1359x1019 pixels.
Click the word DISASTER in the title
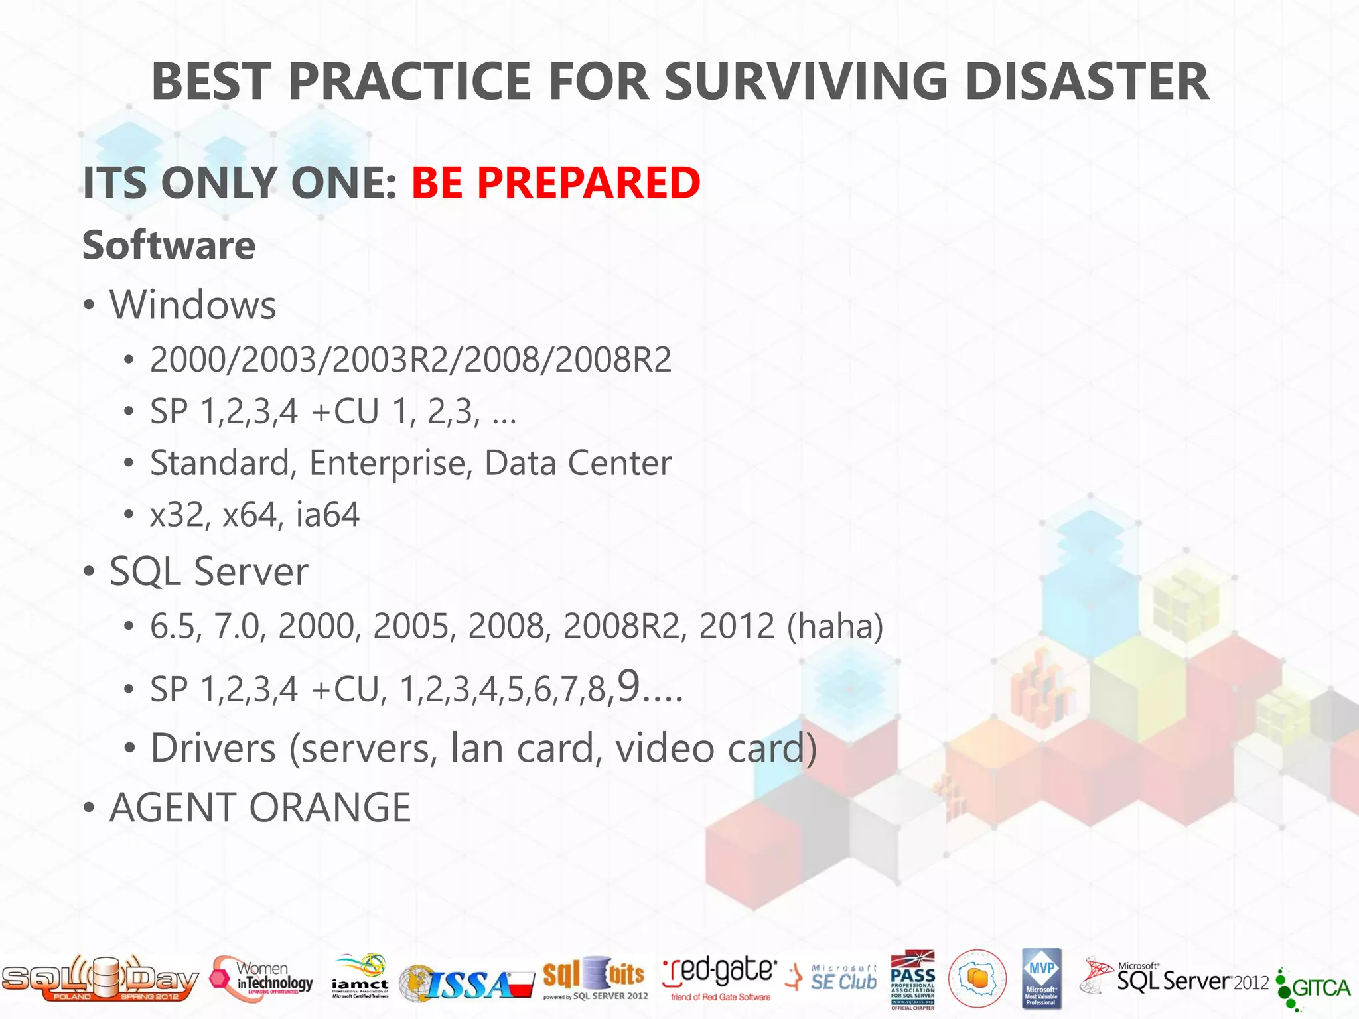pyautogui.click(x=1086, y=81)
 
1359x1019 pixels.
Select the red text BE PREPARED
pyautogui.click(x=555, y=182)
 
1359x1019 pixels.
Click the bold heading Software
pyautogui.click(x=169, y=245)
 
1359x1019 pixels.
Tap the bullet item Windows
pyautogui.click(x=192, y=305)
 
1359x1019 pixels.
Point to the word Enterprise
pyautogui.click(x=390, y=463)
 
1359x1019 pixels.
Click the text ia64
pyautogui.click(x=327, y=515)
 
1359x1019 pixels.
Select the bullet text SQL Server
pyautogui.click(x=208, y=571)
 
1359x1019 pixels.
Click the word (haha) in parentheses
pyautogui.click(x=835, y=626)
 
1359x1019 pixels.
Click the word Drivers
pyautogui.click(x=213, y=748)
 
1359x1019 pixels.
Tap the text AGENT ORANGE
pyautogui.click(x=260, y=808)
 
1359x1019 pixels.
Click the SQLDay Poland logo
pyautogui.click(x=100, y=979)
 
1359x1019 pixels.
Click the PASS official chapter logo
pyautogui.click(x=912, y=979)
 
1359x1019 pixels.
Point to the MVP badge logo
pyautogui.click(x=1041, y=978)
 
